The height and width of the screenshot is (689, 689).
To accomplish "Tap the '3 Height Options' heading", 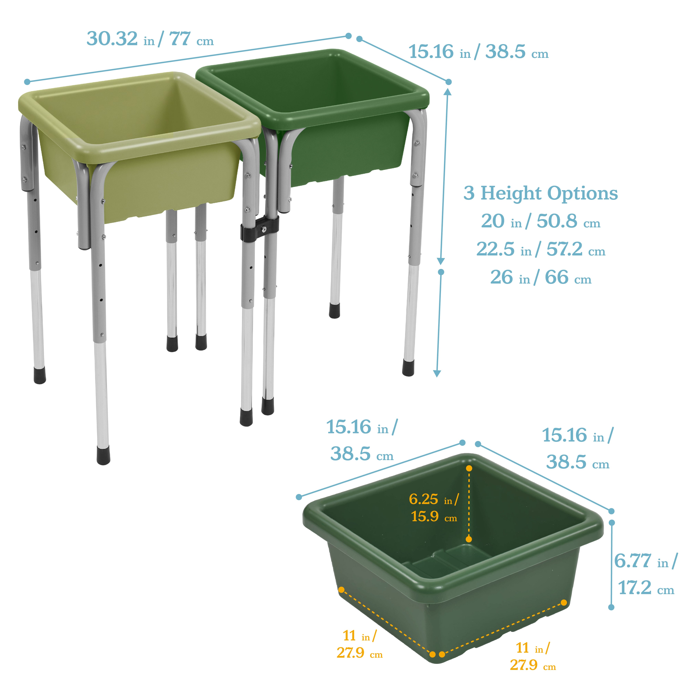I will (x=540, y=194).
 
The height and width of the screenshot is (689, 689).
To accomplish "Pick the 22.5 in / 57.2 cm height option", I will (x=540, y=250).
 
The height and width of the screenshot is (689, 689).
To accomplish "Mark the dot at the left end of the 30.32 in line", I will (x=27, y=82).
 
